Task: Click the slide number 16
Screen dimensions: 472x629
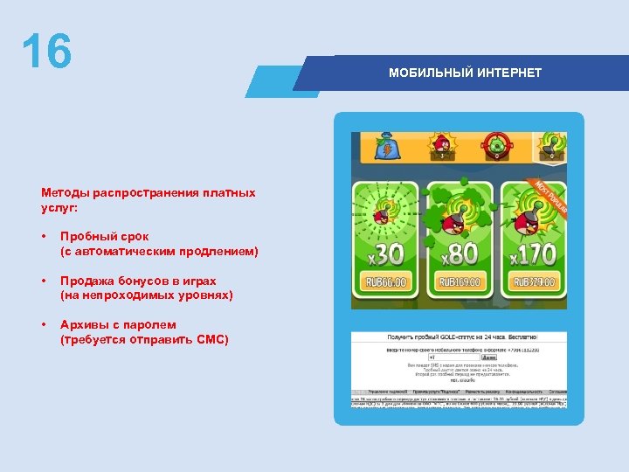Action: [46, 52]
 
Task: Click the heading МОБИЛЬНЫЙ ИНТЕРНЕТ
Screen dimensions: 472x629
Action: [465, 73]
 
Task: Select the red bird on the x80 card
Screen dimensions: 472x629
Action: [452, 224]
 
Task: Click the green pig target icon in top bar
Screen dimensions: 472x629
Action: [496, 145]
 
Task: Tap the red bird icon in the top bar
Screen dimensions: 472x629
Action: [442, 145]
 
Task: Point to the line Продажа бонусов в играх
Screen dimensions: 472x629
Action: [138, 281]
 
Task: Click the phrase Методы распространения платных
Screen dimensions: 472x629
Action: [148, 192]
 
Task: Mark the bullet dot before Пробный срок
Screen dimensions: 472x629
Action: [45, 237]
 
